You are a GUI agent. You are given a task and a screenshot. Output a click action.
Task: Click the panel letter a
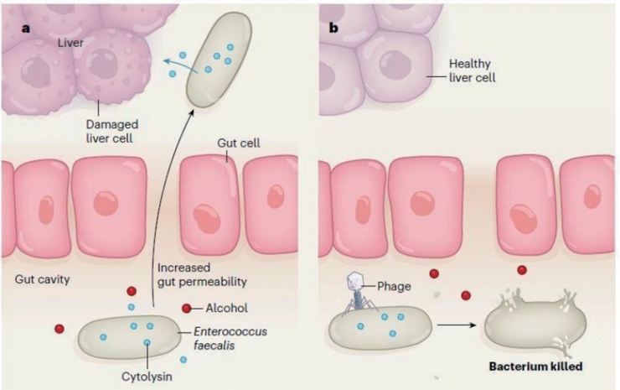26,29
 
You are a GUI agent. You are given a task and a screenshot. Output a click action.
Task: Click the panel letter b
333,28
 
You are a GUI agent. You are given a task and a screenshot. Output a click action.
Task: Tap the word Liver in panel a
70,43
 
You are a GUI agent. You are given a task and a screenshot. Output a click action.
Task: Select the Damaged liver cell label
112,131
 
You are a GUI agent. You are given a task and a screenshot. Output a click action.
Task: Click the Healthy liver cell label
472,70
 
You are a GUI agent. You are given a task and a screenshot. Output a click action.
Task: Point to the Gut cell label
239,143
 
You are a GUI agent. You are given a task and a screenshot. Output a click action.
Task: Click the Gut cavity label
42,279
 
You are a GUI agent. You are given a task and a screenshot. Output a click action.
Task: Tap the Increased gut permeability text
202,274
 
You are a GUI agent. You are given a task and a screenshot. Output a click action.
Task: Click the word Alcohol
226,308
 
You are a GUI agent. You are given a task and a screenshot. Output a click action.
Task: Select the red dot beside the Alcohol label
186,308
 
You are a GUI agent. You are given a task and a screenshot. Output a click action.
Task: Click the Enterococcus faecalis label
230,338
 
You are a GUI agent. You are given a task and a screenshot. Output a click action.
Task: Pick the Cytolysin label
147,376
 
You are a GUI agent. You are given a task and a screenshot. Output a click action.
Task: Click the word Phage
394,286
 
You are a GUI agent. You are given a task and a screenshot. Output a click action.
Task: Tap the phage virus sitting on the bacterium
358,293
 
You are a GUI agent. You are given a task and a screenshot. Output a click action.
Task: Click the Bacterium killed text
535,367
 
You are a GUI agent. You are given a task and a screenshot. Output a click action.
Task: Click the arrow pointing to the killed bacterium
456,325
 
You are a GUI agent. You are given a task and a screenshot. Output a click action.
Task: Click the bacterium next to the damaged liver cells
219,60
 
